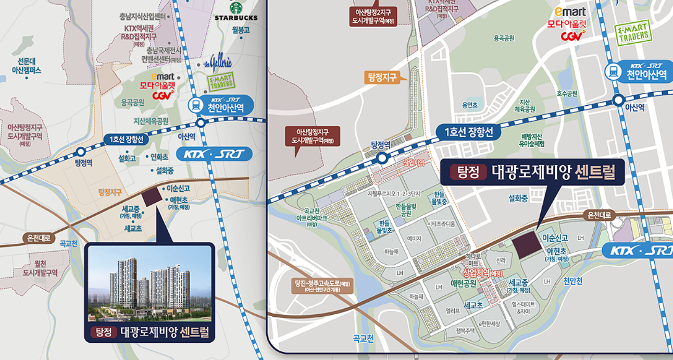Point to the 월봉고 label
click(x=241, y=30)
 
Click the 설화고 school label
click(x=127, y=158)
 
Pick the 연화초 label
click(x=159, y=157)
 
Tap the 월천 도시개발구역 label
click(x=40, y=268)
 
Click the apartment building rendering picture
click(x=149, y=283)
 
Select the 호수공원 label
click(x=567, y=94)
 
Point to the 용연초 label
click(x=469, y=105)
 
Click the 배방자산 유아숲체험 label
click(x=531, y=140)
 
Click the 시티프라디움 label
click(x=441, y=224)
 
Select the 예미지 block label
click(x=414, y=238)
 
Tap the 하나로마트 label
click(x=473, y=260)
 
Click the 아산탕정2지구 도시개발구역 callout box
click(x=373, y=17)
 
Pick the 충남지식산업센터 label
click(x=142, y=16)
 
